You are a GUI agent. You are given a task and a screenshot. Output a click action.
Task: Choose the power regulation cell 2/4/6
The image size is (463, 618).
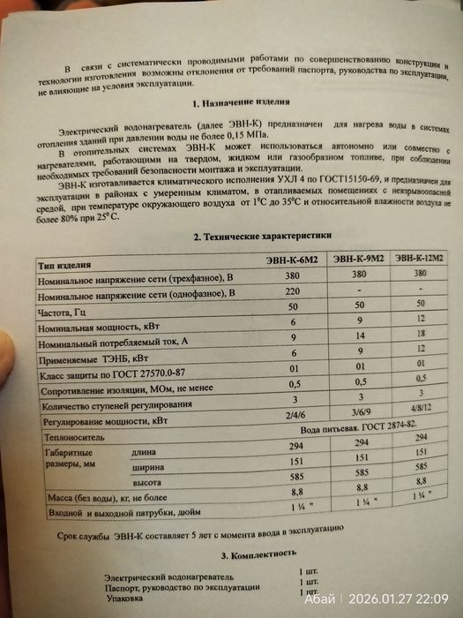click(288, 416)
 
